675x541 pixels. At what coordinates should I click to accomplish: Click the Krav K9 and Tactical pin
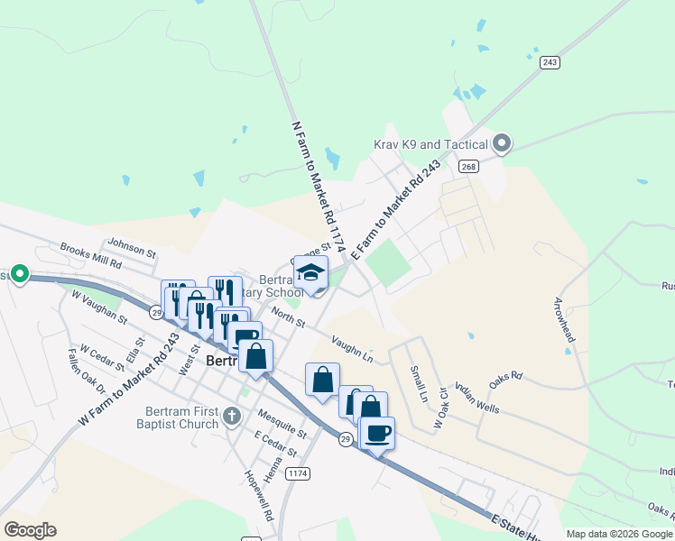(503, 143)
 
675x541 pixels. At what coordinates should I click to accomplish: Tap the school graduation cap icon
(310, 272)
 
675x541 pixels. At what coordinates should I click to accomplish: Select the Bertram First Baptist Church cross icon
(232, 417)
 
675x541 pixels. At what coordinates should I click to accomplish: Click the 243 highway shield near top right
(550, 61)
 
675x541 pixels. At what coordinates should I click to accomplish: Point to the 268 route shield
(467, 166)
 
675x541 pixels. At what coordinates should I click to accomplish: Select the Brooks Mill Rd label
(90, 254)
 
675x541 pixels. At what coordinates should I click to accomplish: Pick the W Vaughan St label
(99, 307)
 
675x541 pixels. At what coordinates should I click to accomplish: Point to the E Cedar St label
(275, 443)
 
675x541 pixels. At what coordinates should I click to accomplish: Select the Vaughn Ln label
(351, 348)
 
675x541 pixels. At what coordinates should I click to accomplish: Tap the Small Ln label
(419, 383)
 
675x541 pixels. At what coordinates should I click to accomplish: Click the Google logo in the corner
(30, 530)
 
